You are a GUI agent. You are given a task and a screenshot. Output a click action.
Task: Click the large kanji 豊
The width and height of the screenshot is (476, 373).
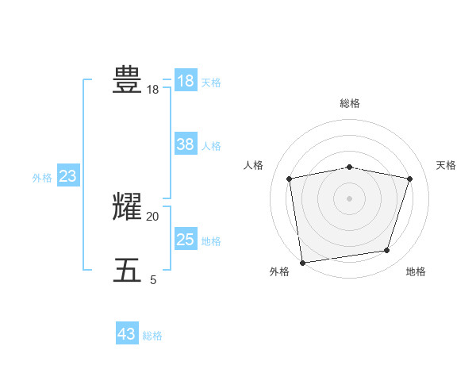click(x=127, y=80)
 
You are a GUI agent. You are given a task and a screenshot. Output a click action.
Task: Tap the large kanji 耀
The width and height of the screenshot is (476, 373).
click(x=127, y=207)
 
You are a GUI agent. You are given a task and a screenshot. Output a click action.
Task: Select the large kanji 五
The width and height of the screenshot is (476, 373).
click(x=127, y=271)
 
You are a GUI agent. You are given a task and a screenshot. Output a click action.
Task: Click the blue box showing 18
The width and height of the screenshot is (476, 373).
click(x=185, y=81)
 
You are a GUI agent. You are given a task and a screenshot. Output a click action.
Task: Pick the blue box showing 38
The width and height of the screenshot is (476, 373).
click(x=185, y=144)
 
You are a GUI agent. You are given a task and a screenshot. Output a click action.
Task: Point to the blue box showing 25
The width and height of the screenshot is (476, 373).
click(x=185, y=239)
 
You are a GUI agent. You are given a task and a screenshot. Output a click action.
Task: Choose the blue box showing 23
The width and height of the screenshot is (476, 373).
click(x=67, y=176)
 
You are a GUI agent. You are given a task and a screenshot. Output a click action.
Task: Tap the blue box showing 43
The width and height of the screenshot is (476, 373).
click(x=126, y=334)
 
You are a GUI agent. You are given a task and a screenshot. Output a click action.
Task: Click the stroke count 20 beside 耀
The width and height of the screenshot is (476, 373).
click(x=152, y=217)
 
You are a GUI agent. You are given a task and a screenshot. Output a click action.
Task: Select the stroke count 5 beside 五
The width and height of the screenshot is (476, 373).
click(x=153, y=280)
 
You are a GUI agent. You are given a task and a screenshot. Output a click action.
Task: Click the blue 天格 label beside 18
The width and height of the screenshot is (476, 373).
click(x=211, y=82)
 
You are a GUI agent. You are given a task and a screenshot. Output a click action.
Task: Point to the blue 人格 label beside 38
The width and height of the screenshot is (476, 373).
click(x=211, y=146)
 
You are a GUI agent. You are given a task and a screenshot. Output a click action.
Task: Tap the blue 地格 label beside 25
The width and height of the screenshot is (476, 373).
click(x=211, y=240)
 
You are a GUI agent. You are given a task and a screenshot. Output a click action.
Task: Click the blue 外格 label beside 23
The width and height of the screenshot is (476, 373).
click(x=42, y=178)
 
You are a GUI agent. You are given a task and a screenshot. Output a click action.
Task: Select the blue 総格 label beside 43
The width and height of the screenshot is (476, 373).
click(x=152, y=336)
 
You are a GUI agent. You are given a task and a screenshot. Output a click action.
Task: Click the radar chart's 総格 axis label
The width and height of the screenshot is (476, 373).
click(x=349, y=103)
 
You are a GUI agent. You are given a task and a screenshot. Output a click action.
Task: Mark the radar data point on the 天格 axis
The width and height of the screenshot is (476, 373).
click(x=409, y=179)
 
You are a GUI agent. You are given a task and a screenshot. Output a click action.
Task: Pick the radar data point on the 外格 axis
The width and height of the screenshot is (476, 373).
click(x=302, y=262)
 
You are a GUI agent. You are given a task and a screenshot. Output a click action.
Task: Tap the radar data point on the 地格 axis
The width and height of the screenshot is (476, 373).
click(x=386, y=251)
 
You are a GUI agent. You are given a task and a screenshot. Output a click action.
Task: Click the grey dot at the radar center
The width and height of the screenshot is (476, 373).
click(x=349, y=198)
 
